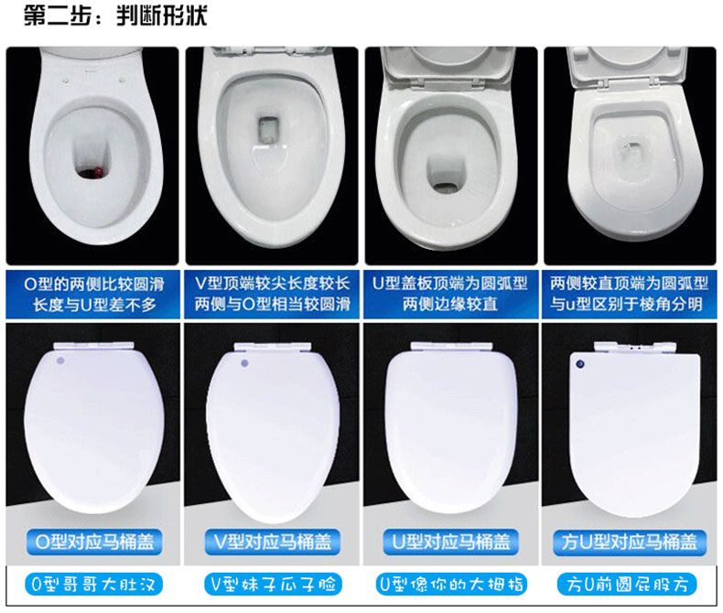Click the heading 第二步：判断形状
[x=115, y=16]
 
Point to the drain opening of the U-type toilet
[x=446, y=188]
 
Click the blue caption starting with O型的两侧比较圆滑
[x=94, y=294]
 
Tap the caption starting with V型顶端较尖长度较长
[x=272, y=294]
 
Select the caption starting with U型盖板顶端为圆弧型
[x=450, y=294]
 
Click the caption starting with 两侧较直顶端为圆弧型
[x=629, y=294]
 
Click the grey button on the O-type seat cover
[x=60, y=360]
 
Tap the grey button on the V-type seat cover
[x=245, y=363]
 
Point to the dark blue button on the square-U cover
[x=580, y=364]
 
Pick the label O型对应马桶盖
[x=94, y=542]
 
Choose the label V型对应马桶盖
[x=273, y=542]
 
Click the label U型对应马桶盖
[x=450, y=542]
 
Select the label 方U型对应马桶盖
[x=629, y=542]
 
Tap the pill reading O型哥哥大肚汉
[x=93, y=585]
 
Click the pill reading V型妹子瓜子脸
[x=273, y=585]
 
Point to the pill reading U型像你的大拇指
[x=450, y=585]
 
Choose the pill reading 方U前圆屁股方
[x=627, y=585]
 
